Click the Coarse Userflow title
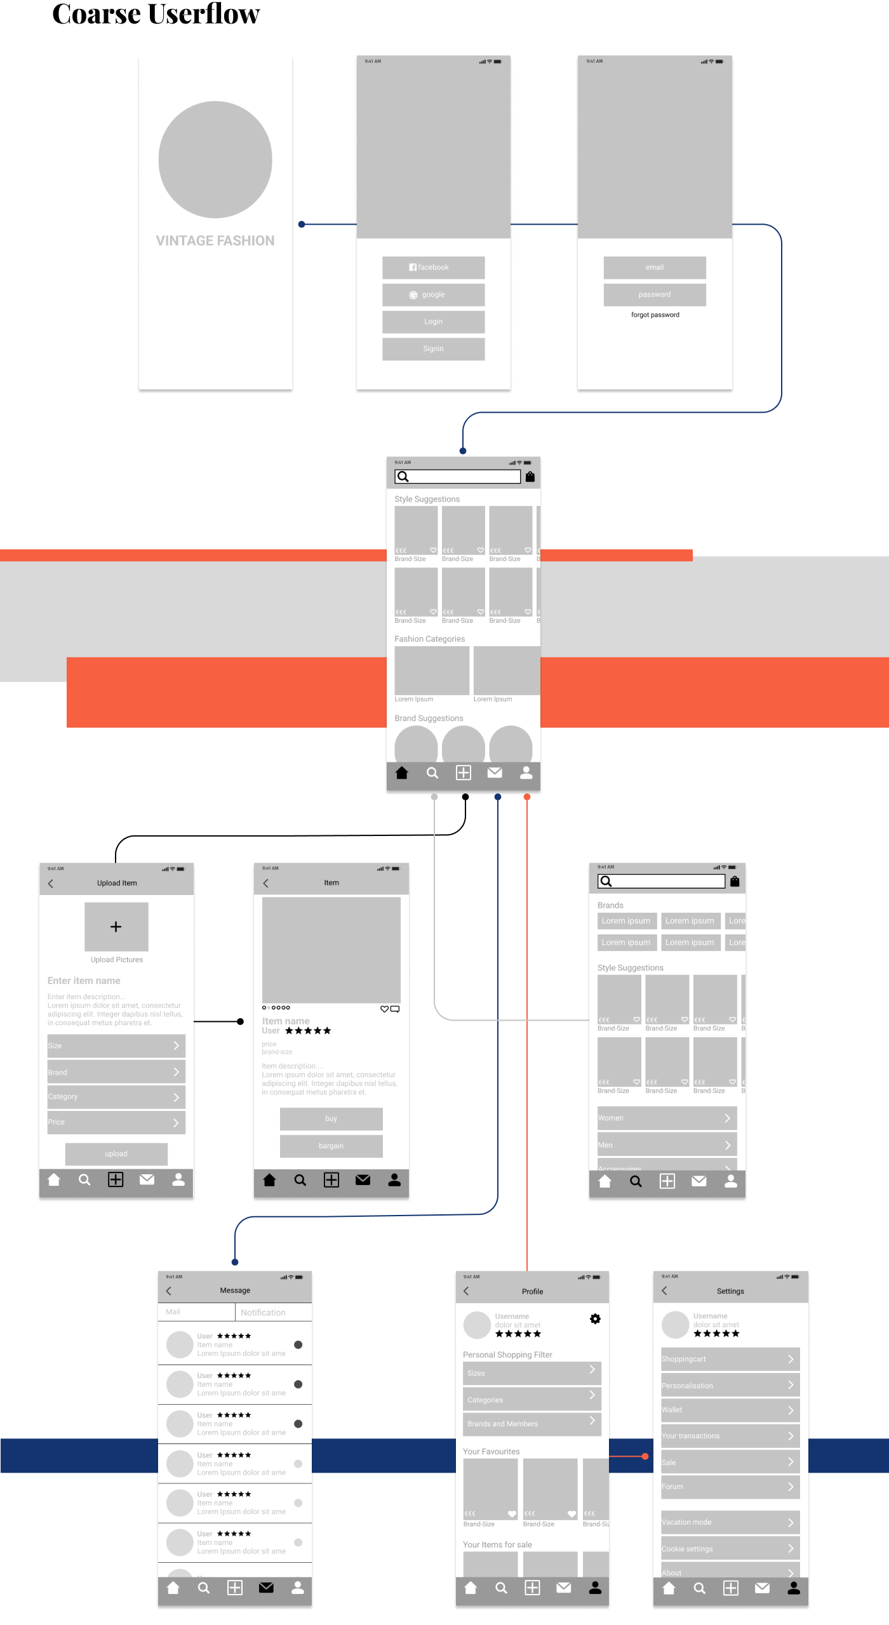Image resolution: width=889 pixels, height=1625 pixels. point(156,14)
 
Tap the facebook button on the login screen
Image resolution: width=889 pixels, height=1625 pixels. point(433,267)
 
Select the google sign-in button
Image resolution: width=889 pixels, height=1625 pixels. point(433,295)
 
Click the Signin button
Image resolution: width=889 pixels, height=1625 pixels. point(433,348)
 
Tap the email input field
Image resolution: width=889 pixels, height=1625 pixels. point(654,267)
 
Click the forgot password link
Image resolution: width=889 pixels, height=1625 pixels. point(655,315)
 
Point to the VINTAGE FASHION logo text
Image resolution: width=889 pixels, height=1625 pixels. point(215,241)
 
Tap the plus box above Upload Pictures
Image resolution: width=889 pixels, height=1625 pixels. point(116,927)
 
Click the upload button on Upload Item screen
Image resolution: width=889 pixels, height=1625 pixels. point(116,1153)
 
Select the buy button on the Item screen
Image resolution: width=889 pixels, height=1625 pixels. point(331,1118)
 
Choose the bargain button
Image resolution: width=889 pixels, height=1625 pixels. point(331,1146)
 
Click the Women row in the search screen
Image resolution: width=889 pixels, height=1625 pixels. point(667,1118)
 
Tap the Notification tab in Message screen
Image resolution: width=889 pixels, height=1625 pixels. point(263,1312)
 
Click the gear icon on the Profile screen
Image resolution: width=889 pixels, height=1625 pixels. point(595,1319)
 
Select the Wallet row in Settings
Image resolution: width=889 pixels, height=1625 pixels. point(730,1410)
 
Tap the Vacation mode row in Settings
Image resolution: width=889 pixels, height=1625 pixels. point(730,1522)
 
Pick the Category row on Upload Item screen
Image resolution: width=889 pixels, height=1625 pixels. point(116,1097)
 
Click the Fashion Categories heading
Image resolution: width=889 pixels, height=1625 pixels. point(429,639)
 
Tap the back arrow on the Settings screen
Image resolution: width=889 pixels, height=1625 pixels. point(664,1290)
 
